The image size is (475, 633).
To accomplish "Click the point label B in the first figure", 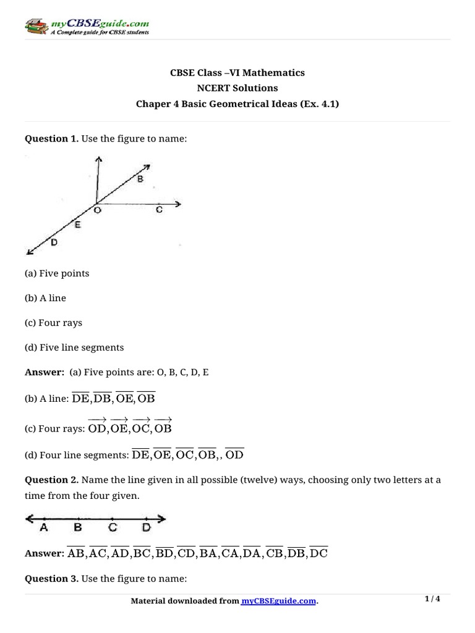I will point(140,180).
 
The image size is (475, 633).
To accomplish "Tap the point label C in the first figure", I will point(159,210).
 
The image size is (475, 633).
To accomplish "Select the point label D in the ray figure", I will point(54,243).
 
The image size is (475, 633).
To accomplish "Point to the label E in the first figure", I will point(77,225).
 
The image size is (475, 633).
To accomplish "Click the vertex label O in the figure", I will point(98,211).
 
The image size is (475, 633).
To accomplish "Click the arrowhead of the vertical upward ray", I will point(97,159).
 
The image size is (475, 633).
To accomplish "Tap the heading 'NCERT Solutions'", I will point(237,88).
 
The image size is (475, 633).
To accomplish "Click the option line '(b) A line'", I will point(45,298).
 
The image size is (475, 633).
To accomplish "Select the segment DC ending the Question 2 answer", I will point(318,553).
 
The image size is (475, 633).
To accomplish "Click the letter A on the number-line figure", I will point(43,528).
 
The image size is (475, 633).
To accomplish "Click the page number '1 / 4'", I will point(432,599).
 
